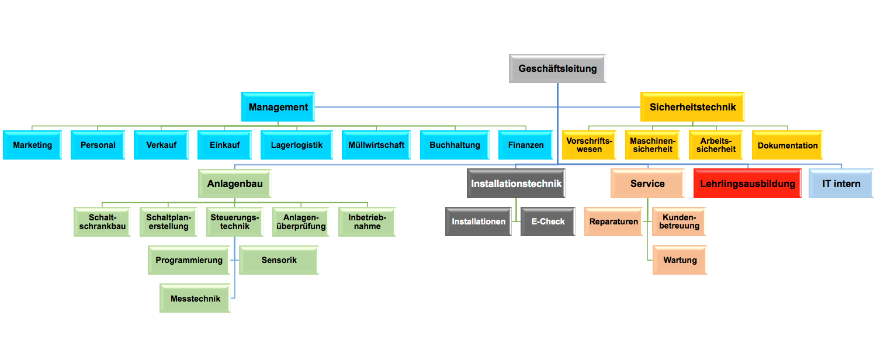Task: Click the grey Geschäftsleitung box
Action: pos(557,68)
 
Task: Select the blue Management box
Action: pos(278,107)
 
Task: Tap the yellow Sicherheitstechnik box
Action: pos(692,107)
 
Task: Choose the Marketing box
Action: pos(33,145)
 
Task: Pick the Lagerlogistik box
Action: pos(296,145)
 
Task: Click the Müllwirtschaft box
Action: pos(376,145)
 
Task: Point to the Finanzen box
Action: pos(526,145)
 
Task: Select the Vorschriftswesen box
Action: pos(589,145)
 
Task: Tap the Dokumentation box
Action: pos(787,145)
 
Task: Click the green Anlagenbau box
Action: pos(234,184)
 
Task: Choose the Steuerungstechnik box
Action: pos(234,221)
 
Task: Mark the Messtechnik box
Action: pos(195,299)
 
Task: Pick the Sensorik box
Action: pos(279,260)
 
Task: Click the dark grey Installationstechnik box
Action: pos(516,184)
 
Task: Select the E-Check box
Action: pos(547,221)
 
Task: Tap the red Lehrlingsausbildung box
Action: pos(747,184)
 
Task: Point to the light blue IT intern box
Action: pos(841,184)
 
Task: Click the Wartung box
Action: pos(680,260)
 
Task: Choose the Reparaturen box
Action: pos(613,221)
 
